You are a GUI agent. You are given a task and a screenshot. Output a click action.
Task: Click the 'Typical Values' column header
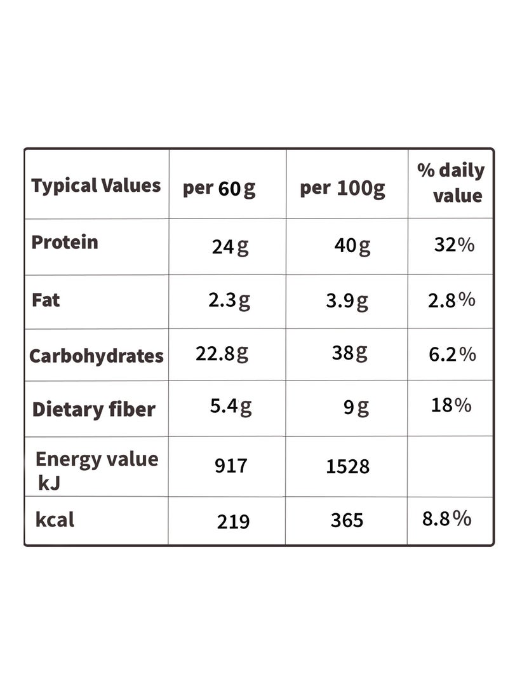pos(96,186)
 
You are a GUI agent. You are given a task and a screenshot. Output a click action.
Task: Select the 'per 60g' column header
pos(219,189)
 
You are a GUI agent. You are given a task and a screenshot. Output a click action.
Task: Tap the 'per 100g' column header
pos(342,189)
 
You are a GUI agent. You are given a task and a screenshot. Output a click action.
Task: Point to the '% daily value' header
pos(451,182)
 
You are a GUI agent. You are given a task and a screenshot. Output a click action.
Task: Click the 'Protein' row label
pos(65,242)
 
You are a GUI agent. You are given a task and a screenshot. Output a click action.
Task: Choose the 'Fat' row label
pos(46,300)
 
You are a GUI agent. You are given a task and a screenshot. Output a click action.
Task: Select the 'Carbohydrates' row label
pos(97,356)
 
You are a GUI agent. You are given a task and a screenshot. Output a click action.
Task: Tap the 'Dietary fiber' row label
pos(93,410)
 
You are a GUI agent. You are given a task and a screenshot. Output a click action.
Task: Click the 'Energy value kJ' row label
pos(97,471)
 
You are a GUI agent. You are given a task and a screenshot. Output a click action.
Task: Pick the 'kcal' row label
pos(55,520)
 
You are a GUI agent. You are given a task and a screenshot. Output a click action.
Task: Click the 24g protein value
pos(230,246)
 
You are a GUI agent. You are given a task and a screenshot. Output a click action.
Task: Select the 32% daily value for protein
pos(454,245)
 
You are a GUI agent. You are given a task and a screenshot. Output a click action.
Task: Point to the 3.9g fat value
pos(347,301)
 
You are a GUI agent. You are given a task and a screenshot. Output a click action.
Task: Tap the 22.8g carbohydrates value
pos(222,354)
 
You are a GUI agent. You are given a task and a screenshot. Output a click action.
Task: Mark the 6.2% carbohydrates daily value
pos(452,354)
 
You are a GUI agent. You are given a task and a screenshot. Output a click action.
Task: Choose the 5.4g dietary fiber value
pos(231,406)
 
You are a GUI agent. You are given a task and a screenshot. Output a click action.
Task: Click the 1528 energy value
pos(347,467)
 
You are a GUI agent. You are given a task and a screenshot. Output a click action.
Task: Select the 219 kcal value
pos(233,522)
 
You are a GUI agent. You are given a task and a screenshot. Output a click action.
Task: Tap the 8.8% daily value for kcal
pos(446,518)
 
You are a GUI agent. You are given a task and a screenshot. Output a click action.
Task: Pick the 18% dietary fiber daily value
pos(451,405)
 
